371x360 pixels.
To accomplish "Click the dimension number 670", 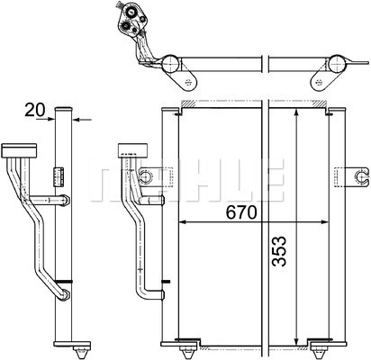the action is [x=241, y=212].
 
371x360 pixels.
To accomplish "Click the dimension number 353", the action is [x=279, y=251].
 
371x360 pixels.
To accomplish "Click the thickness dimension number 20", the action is [x=35, y=110].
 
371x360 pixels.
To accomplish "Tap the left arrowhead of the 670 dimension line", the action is [x=183, y=222].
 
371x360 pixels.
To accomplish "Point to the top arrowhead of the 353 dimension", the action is [x=296, y=113].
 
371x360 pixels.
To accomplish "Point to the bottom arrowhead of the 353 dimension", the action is [x=296, y=341].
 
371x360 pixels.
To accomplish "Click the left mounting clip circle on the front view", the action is [x=147, y=176].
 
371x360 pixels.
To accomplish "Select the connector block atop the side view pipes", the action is [x=19, y=150].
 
